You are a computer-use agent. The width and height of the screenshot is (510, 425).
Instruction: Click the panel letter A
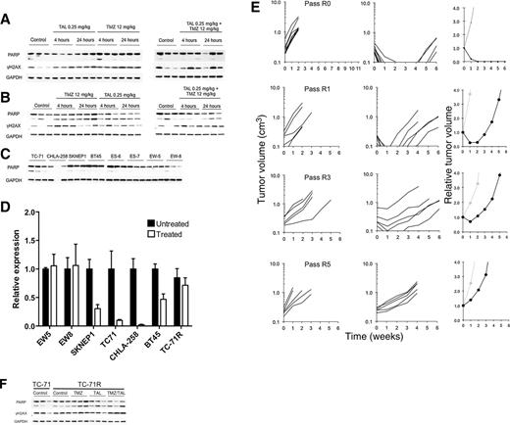click(10, 8)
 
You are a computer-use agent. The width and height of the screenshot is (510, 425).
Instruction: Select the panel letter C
click(10, 157)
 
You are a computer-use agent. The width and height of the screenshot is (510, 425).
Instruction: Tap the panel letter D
click(10, 208)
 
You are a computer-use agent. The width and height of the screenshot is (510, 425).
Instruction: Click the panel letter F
click(9, 370)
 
